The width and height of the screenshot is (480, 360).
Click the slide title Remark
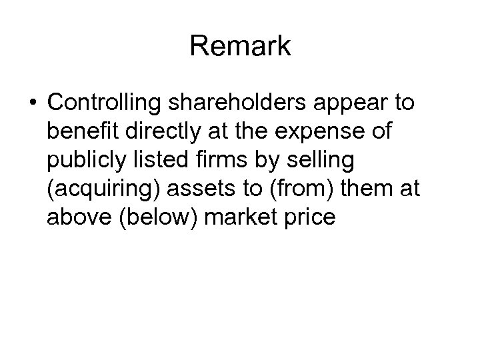pyautogui.click(x=240, y=46)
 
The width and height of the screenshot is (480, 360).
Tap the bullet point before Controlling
pyautogui.click(x=33, y=103)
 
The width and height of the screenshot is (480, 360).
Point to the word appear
pyautogui.click(x=333, y=103)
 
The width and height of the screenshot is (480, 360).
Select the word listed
pyautogui.click(x=159, y=161)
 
